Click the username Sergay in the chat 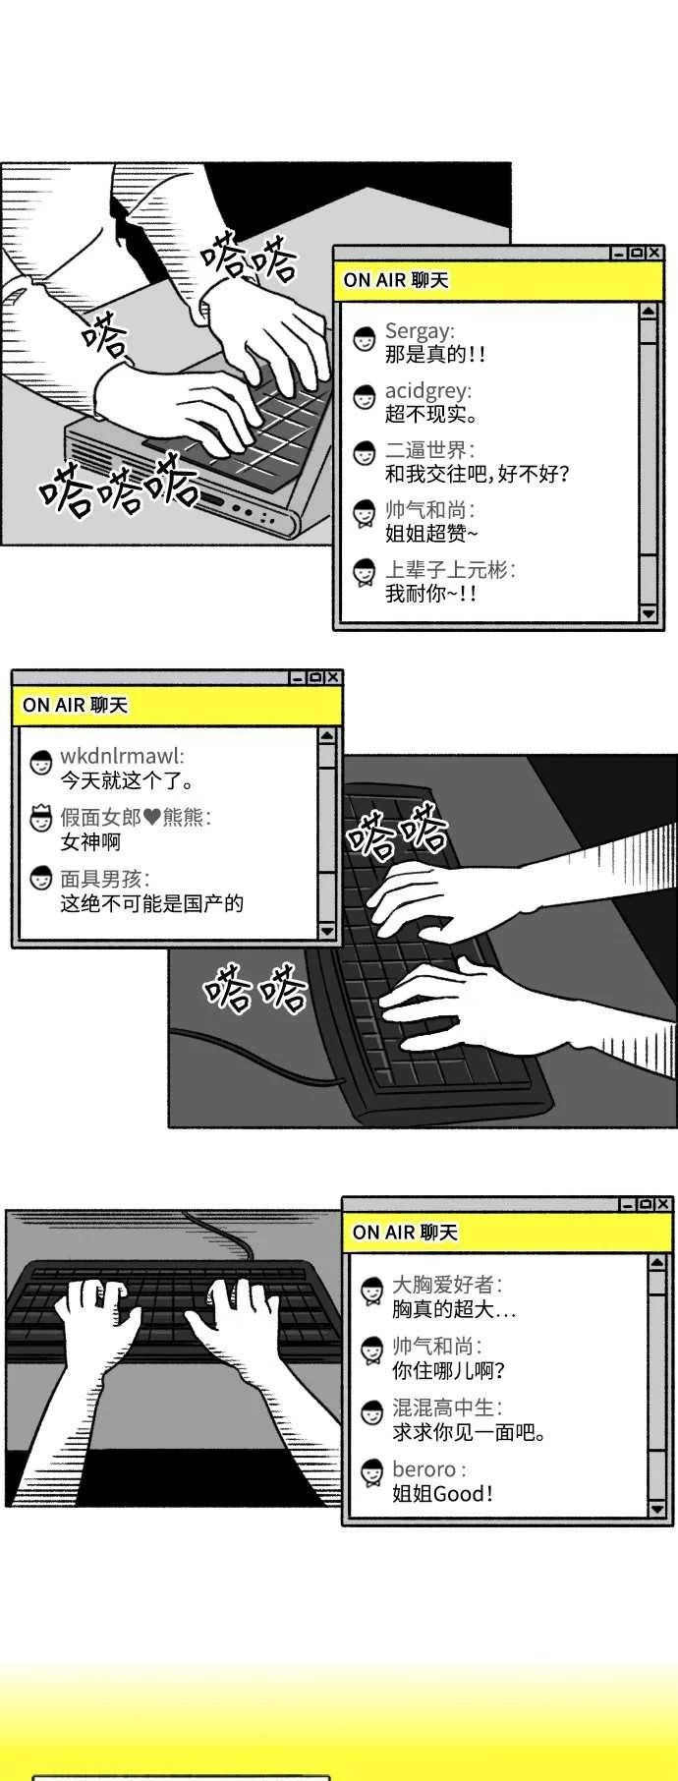point(419,331)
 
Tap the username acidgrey point(427,391)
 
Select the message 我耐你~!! point(429,594)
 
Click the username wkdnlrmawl point(121,756)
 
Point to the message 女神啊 point(90,842)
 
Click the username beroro point(424,1469)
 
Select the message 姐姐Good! point(442,1494)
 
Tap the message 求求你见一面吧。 point(470,1432)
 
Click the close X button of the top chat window point(654,254)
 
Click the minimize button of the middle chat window point(297,678)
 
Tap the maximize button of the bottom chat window point(646,1204)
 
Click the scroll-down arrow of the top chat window point(648,612)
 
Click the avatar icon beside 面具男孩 point(41,879)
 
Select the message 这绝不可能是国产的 point(151,903)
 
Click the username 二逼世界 point(426,450)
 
